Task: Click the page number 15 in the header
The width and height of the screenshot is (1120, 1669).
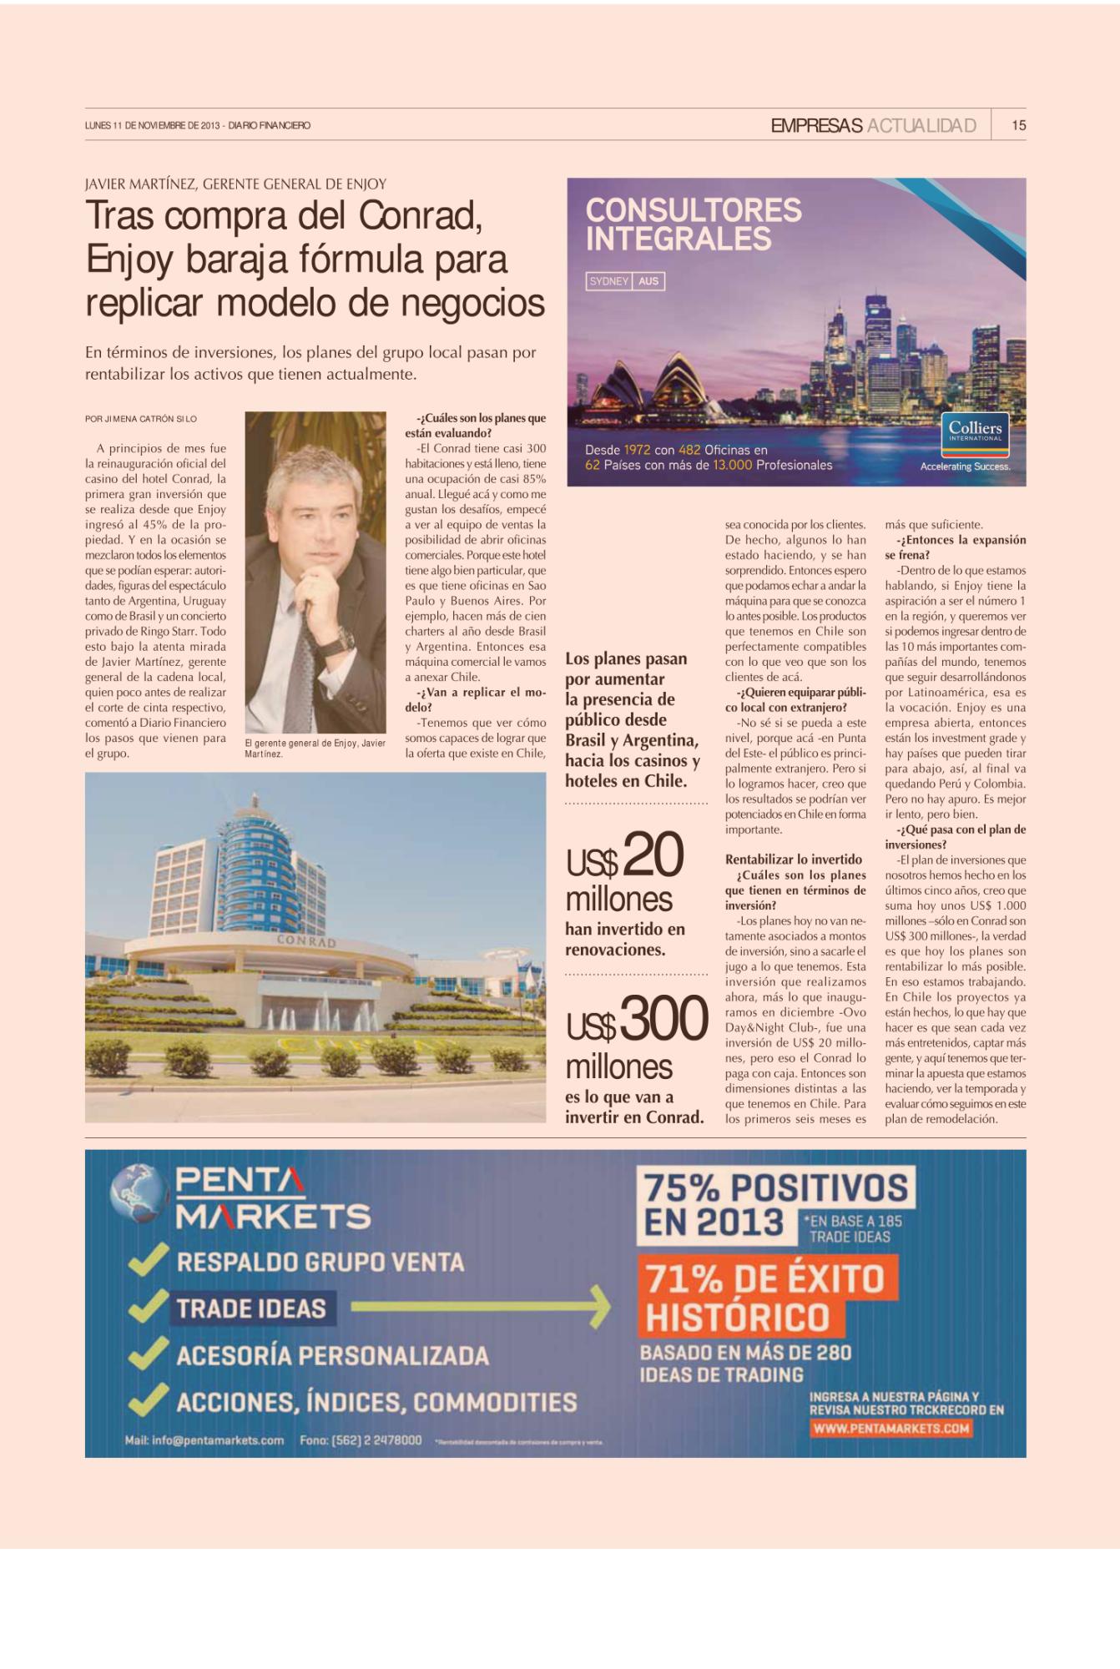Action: click(x=1018, y=125)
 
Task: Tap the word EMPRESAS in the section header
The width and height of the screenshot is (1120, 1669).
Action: click(x=816, y=125)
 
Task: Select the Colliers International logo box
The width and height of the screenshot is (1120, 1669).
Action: click(x=974, y=431)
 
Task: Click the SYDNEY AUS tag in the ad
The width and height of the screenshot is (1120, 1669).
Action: click(x=626, y=281)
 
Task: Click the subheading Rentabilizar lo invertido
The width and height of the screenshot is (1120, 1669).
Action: click(x=793, y=860)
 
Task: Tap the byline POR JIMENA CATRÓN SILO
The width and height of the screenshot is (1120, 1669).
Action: click(x=141, y=419)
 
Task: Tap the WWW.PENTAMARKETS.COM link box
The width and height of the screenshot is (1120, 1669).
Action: click(x=890, y=1429)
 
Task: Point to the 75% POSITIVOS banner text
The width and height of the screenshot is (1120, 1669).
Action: click(x=775, y=1187)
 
